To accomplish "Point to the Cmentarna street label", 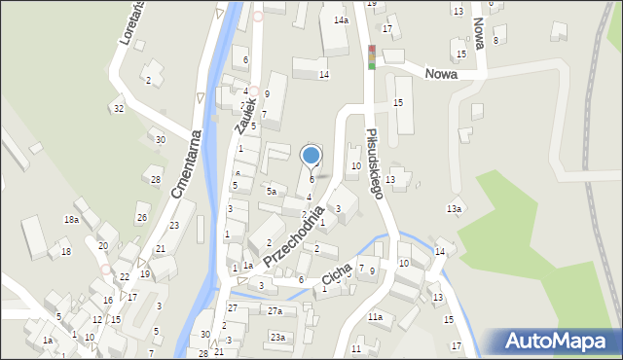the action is point(185,164).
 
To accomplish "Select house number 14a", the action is point(341,19).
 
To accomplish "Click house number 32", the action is point(118,108).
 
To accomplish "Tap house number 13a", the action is point(454,209).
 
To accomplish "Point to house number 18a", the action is point(71,220).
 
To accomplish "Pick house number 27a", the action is point(275,311).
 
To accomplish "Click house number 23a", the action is point(277,337).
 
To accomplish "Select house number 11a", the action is point(375,317).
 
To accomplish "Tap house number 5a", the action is point(273,192).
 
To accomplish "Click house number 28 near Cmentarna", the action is point(155,179).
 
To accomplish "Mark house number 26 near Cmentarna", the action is point(141,217).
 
